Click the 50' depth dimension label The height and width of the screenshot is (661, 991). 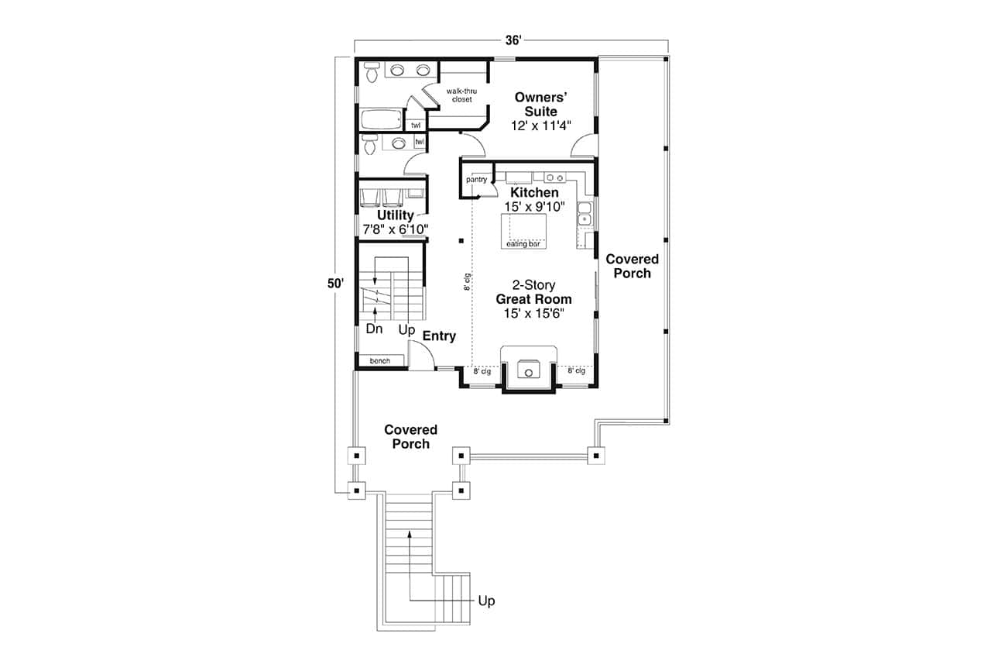point(334,284)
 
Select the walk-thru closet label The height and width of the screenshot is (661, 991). point(462,95)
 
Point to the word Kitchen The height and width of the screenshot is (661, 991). point(533,192)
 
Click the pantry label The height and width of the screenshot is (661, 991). point(476,180)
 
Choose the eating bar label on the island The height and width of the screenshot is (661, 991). point(523,244)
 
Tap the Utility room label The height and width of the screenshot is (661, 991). point(395,215)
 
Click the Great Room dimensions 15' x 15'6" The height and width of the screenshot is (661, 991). point(533,313)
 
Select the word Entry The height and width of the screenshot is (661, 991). point(439,336)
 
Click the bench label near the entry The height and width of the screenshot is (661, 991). point(379,361)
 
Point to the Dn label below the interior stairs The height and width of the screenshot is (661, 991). point(374,329)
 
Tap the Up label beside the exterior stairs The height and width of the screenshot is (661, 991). point(486,601)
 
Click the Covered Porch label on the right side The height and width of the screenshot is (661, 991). point(632,266)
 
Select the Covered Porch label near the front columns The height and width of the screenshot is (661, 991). point(410,436)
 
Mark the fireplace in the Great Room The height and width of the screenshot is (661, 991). point(529,370)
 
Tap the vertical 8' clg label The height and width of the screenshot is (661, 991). point(467,281)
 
